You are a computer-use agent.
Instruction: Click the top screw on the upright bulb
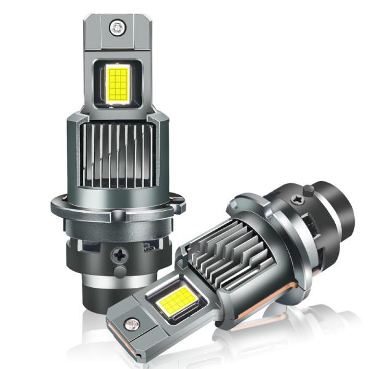click(115, 26)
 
